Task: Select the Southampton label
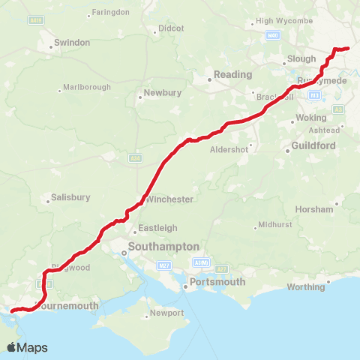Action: (164, 246)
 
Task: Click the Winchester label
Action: (172, 199)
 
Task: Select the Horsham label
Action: (314, 209)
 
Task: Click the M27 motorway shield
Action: (165, 265)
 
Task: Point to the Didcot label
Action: (166, 29)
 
